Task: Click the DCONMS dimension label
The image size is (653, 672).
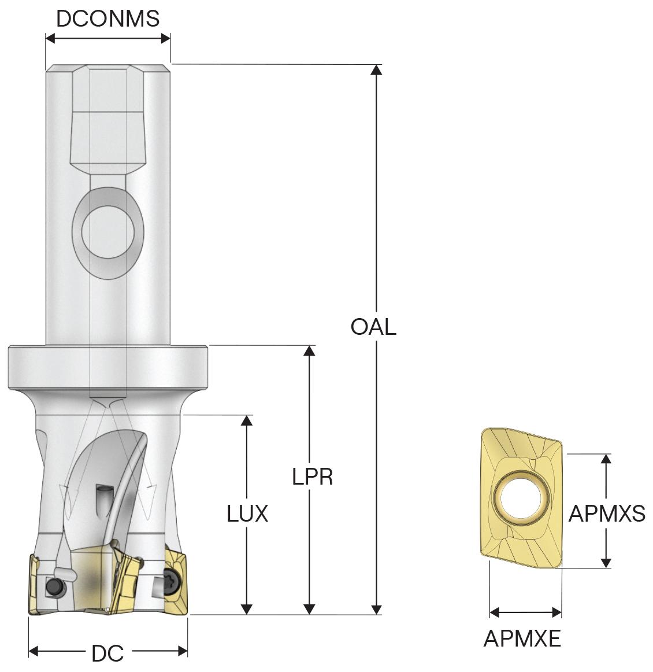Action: pos(107,19)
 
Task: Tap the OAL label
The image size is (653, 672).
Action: pos(373,327)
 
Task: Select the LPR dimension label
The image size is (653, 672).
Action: pos(312,477)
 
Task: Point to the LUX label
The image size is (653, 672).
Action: pos(247,513)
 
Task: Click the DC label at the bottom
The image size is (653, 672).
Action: pos(107,653)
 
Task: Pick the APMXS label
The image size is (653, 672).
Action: pos(607,513)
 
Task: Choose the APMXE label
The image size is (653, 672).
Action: pos(522,638)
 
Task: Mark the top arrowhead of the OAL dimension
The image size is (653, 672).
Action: pos(377,70)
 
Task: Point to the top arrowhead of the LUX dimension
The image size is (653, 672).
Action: pos(247,420)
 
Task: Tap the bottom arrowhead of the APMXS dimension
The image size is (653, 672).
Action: pos(606,562)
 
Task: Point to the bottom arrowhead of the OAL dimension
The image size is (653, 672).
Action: pos(377,609)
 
